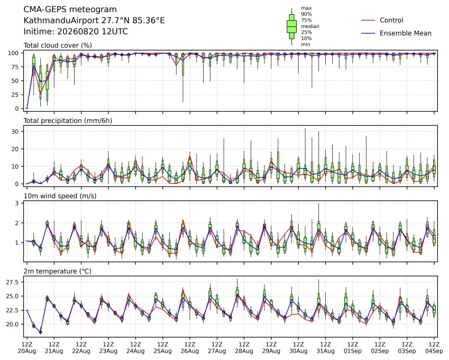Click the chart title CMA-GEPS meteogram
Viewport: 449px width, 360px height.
coord(70,10)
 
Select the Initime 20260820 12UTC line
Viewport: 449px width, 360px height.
coord(76,32)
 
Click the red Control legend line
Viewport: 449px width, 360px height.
coord(368,20)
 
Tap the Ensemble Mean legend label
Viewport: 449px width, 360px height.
coord(406,33)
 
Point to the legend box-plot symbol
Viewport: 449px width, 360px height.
coord(292,26)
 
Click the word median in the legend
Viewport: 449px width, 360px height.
coord(310,26)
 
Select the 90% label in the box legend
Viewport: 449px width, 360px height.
coord(306,14)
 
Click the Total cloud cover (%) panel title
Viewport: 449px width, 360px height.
coord(58,45)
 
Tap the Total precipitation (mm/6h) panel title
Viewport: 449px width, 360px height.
coord(68,121)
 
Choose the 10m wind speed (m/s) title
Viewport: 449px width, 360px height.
coord(60,196)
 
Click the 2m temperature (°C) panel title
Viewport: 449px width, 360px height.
coord(57,271)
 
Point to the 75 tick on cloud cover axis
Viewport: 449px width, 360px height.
coord(15,67)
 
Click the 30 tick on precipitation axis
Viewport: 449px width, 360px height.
coord(15,132)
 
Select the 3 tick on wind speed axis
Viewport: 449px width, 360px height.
coord(17,203)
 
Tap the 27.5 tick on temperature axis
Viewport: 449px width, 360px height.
coord(13,282)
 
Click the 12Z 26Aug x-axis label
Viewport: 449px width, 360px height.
coord(189,348)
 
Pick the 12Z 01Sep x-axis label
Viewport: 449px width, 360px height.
coord(353,348)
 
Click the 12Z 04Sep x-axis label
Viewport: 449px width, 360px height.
coord(434,348)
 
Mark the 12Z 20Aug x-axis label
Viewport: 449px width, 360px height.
coord(27,348)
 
